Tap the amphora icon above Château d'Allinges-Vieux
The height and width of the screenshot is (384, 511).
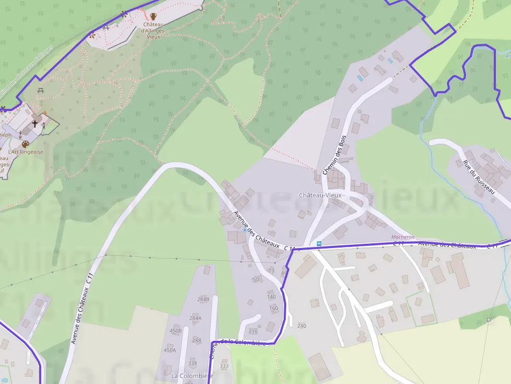click(x=153, y=16)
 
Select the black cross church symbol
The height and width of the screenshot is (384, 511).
click(x=35, y=123)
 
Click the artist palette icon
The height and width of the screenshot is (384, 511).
click(x=25, y=144)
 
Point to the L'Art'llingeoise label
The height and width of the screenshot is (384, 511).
click(x=26, y=152)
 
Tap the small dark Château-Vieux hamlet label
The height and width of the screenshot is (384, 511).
click(x=322, y=195)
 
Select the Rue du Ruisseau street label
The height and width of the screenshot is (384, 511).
click(x=478, y=177)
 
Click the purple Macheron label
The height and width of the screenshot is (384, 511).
click(x=403, y=237)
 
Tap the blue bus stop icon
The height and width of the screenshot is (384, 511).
click(x=319, y=243)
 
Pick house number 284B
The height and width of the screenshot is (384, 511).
click(x=203, y=300)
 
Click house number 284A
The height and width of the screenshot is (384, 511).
click(x=196, y=318)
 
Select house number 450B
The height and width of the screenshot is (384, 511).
click(x=176, y=331)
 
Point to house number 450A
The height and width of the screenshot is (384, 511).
click(x=170, y=350)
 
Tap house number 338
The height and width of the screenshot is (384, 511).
click(x=192, y=363)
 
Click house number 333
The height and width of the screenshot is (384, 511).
click(x=224, y=366)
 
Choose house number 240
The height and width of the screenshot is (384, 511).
click(x=301, y=326)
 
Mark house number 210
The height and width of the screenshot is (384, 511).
click(x=253, y=331)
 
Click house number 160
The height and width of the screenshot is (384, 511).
click(x=274, y=308)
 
